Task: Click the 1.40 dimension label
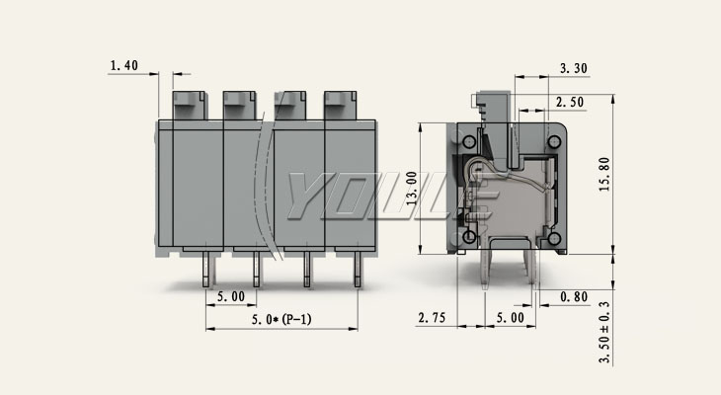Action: pyautogui.click(x=124, y=66)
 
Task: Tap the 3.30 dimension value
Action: pyautogui.click(x=574, y=68)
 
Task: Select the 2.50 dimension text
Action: pyautogui.click(x=570, y=102)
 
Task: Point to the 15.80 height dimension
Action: pyautogui.click(x=604, y=174)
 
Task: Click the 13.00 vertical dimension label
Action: pyautogui.click(x=412, y=188)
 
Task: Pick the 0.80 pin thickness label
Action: pyautogui.click(x=574, y=297)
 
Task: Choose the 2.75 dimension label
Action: pyautogui.click(x=432, y=317)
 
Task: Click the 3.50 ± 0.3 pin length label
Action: pyautogui.click(x=604, y=332)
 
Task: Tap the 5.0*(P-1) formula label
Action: pyautogui.click(x=281, y=319)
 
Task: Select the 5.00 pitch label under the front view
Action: pyautogui.click(x=231, y=296)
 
